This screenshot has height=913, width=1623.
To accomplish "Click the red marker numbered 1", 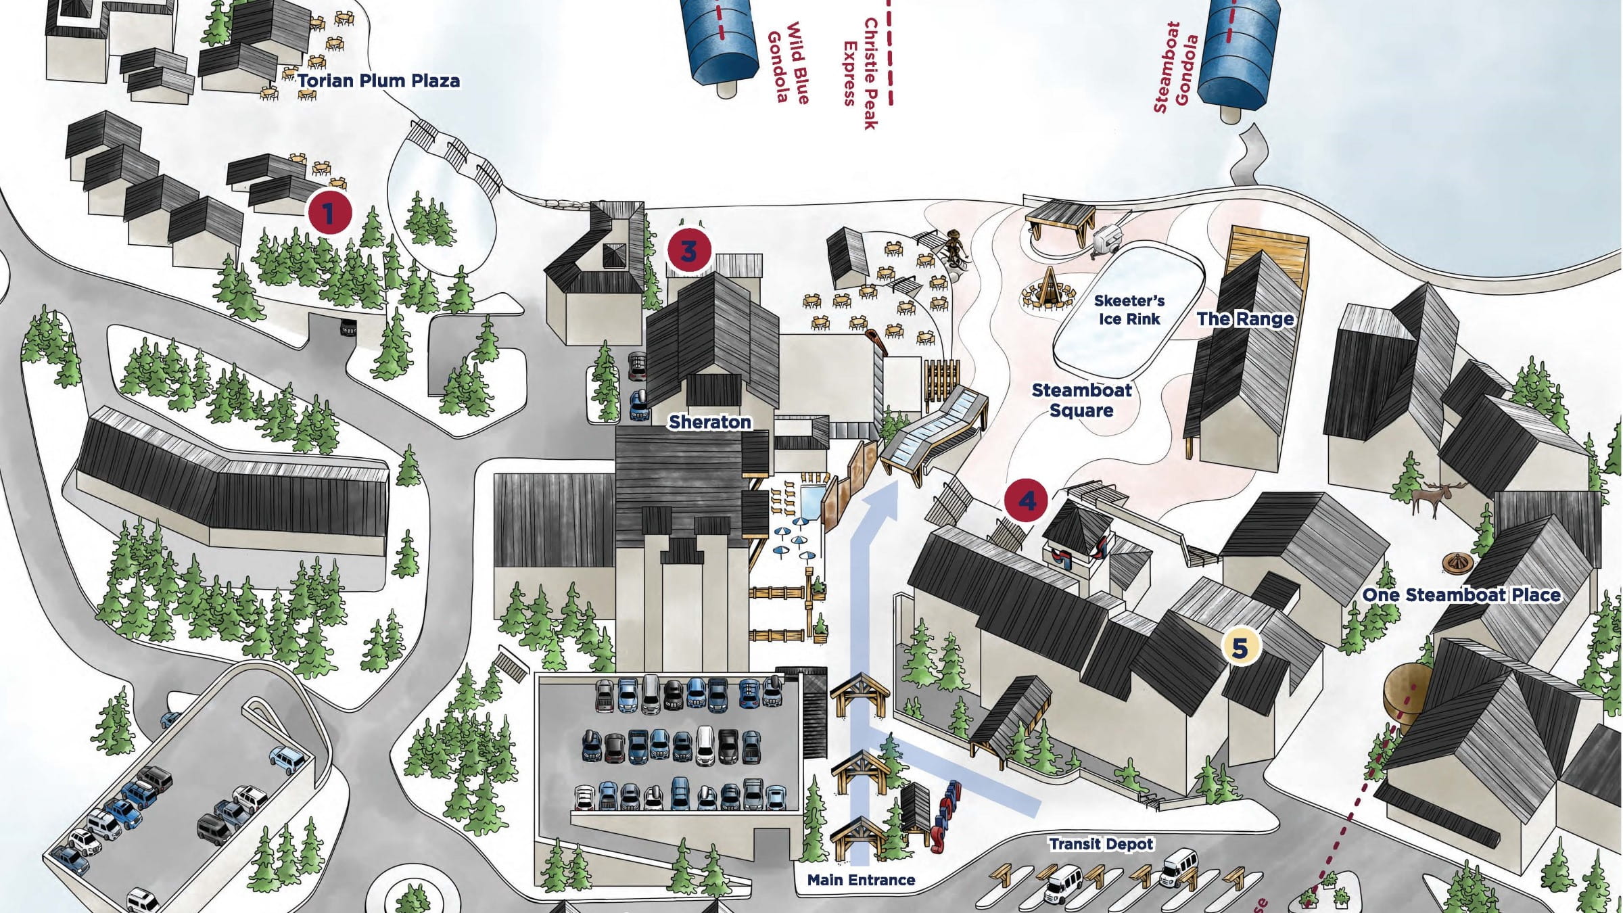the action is coord(329,213).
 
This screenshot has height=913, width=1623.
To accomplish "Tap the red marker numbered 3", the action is coord(688,251).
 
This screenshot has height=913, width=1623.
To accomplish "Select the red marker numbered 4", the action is coord(1027,501).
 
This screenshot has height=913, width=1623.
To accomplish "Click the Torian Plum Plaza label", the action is coord(379,81).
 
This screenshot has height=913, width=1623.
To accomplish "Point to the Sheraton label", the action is coord(710,422).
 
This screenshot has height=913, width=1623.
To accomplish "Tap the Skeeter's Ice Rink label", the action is coord(1129,310).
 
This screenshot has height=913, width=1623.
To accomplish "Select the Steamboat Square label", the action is coord(1081,400).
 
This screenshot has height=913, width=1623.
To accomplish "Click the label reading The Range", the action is coord(1245,319).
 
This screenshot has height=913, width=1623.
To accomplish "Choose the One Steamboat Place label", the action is coord(1461,595).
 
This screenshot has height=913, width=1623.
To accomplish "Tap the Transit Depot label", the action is coord(1101,843).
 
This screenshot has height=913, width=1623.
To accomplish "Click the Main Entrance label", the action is coord(861,880).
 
